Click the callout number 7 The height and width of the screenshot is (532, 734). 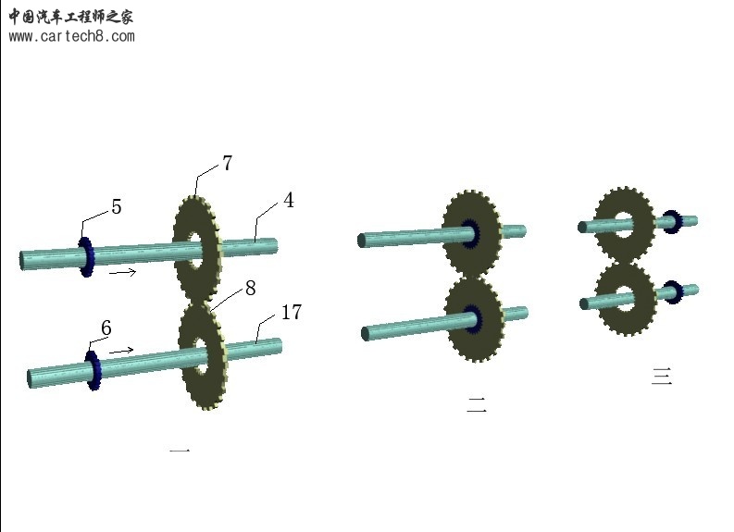coord(227,163)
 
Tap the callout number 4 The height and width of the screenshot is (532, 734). coord(289,200)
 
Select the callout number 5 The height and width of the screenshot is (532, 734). coord(117,207)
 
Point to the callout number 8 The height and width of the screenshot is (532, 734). coord(251,289)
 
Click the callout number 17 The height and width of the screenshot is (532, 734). coord(292,312)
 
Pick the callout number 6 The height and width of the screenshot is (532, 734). coord(106,328)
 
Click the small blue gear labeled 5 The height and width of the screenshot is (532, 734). coord(86,257)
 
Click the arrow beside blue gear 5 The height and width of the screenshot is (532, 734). coord(123,271)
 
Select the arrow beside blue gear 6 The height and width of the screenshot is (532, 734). coord(121,351)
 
